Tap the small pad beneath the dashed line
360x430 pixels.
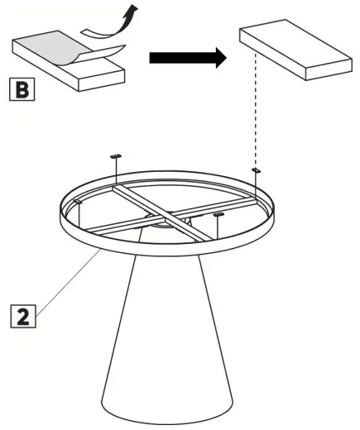[x=257, y=170]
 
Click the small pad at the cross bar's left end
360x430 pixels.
[x=76, y=199]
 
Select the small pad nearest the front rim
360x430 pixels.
[x=219, y=215]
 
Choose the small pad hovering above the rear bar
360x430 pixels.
[x=116, y=155]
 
